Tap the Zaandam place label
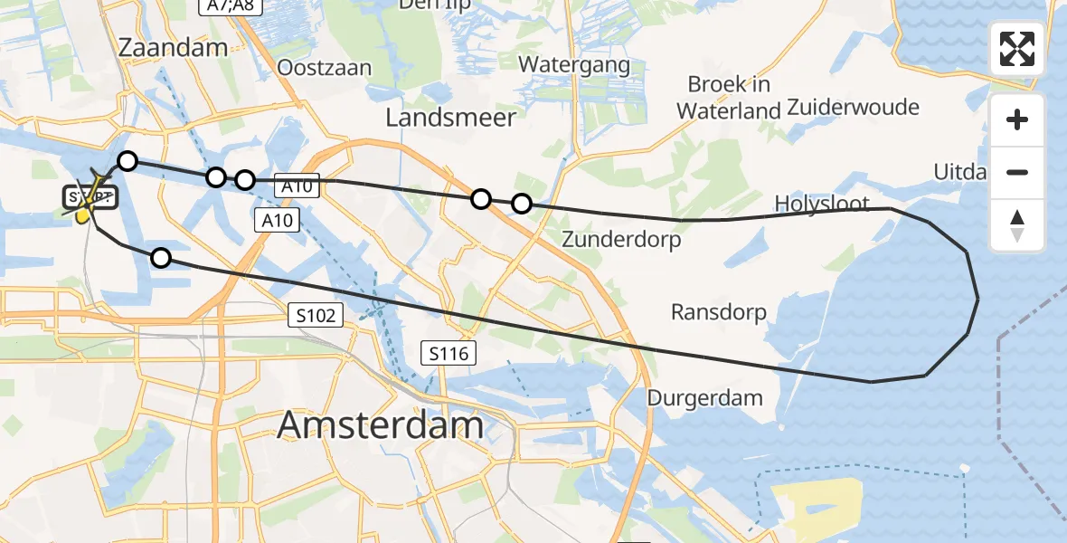[x=172, y=48]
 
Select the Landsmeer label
[x=450, y=117]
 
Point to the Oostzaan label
[x=325, y=68]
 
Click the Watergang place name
[x=574, y=64]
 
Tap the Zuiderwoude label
[x=853, y=107]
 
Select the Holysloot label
[x=822, y=204]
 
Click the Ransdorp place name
[x=718, y=312]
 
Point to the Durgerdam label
[x=704, y=397]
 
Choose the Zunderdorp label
[x=621, y=240]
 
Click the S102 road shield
[x=316, y=316]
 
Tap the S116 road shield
[x=449, y=353]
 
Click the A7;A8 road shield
[x=225, y=7]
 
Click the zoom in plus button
[x=1017, y=119]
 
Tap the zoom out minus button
[x=1017, y=172]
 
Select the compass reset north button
[x=1017, y=224]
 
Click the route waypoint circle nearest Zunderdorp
[x=522, y=204]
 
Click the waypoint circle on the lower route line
[x=161, y=258]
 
